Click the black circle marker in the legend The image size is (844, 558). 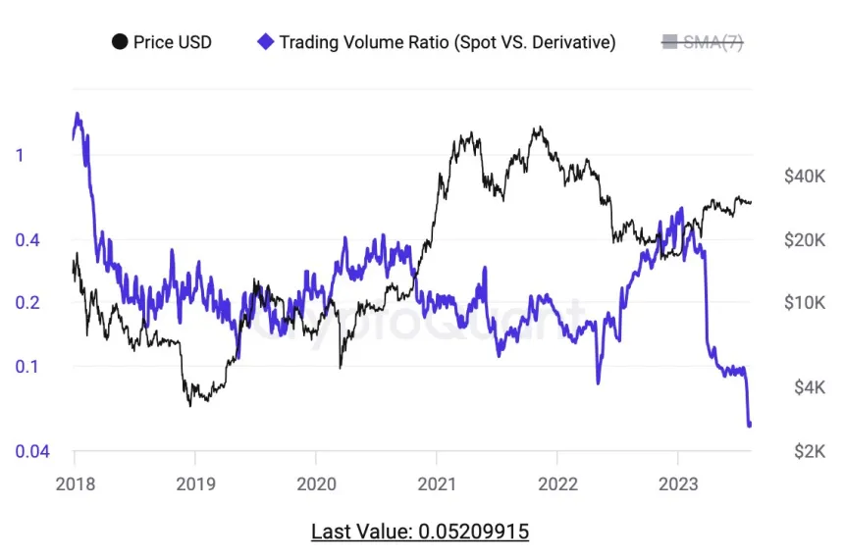[120, 42]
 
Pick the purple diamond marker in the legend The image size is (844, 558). [264, 42]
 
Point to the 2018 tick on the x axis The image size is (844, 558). [74, 483]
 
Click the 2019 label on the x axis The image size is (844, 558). [194, 483]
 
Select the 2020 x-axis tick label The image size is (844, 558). [315, 483]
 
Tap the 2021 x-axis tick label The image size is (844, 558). [436, 483]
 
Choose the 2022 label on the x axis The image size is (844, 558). [556, 483]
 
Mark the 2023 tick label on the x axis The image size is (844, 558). [677, 483]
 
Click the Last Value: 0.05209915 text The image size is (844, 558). [420, 532]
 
